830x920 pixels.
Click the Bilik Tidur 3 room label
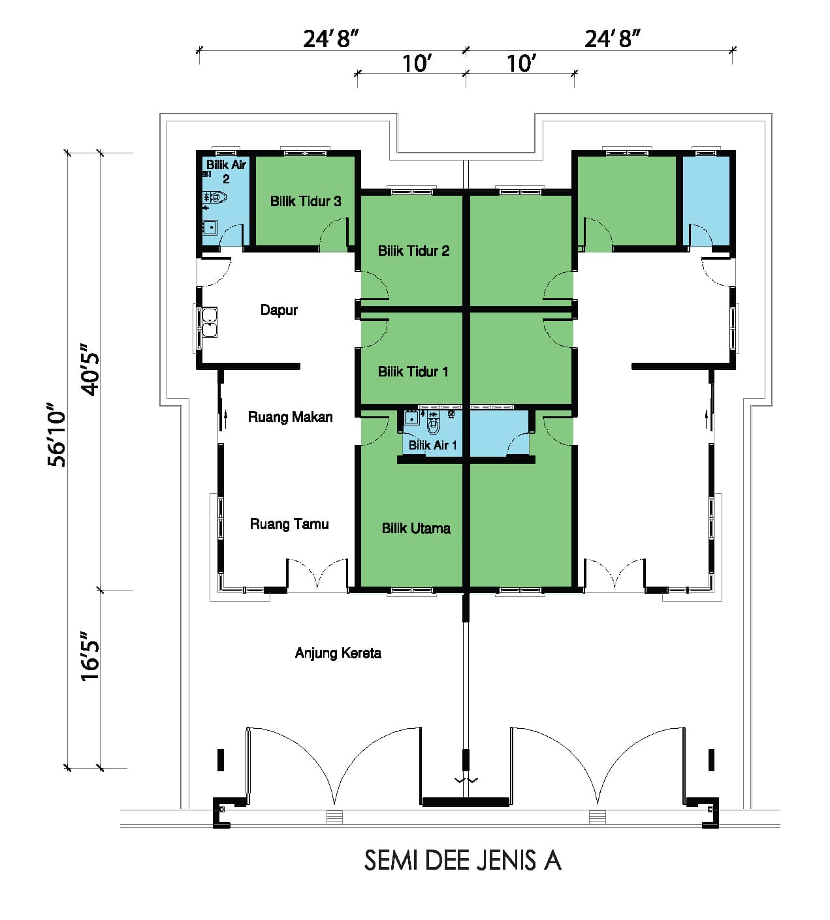(x=305, y=202)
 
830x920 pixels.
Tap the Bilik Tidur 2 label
(x=413, y=251)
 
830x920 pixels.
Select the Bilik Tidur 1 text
(x=413, y=371)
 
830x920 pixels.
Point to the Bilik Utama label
(x=416, y=529)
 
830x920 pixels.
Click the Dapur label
(x=279, y=310)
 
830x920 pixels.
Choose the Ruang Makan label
(x=290, y=417)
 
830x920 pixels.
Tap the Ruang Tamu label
(x=289, y=524)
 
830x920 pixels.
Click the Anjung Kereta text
(x=338, y=653)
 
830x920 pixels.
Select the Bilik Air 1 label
(x=432, y=445)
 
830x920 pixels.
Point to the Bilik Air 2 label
(x=226, y=172)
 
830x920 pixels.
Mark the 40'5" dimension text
(x=89, y=369)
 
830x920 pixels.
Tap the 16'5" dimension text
(x=89, y=656)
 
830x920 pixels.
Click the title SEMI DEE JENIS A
(x=462, y=861)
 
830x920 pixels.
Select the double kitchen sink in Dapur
(x=210, y=322)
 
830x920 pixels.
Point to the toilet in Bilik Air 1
(x=433, y=423)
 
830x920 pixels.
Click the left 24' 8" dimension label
(x=330, y=39)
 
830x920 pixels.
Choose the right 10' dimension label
(x=522, y=64)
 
